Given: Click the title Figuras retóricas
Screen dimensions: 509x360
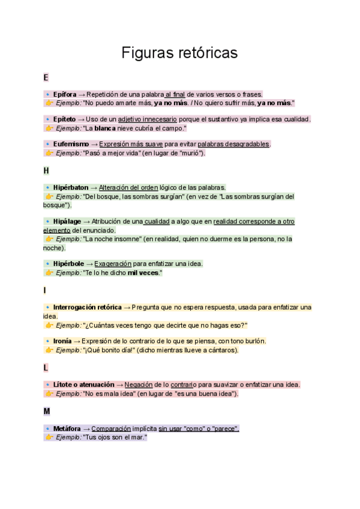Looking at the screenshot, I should coord(179,53).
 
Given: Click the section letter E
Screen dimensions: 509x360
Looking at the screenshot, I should coord(46,78).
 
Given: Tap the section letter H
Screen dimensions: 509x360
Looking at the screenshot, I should coord(46,171).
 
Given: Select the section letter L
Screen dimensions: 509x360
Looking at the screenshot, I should coord(46,367).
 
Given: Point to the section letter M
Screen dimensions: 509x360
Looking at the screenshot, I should coord(47,412).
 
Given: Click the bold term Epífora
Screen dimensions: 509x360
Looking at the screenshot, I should coord(65,94).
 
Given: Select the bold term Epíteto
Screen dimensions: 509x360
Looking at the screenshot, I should coord(65,119).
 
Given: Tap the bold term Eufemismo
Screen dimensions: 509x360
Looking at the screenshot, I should coord(71,144).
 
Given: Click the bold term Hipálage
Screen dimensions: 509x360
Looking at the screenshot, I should coord(67,221).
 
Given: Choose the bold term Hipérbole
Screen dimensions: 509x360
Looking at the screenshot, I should coord(69,264).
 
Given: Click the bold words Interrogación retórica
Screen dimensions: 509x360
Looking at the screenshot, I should coord(87,307).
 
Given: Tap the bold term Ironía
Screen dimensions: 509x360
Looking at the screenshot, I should coord(62,341).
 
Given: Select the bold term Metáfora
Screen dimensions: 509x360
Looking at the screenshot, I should coord(67,429).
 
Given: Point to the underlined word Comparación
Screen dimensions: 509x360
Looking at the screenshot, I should coord(111,429).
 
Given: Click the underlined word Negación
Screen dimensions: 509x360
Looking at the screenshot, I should coord(139,385).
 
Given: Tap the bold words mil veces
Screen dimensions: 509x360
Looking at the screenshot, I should coord(143,273).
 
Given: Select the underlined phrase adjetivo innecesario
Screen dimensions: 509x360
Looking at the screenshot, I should coord(148,119).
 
